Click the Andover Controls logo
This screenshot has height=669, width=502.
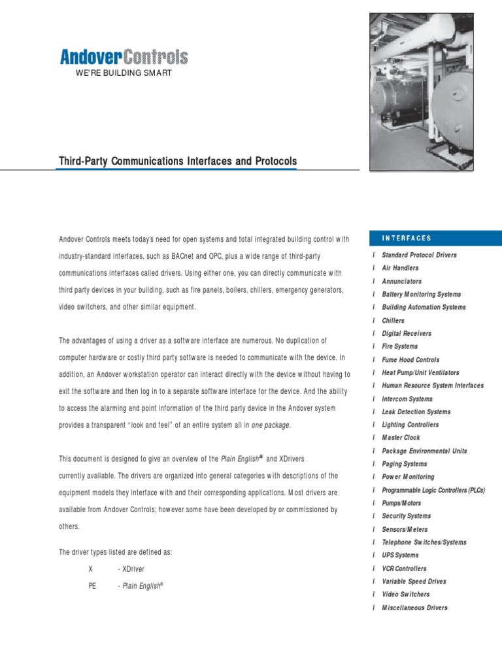(124, 57)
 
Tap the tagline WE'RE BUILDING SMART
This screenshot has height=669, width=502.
(124, 73)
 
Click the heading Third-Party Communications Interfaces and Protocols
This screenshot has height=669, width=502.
(178, 161)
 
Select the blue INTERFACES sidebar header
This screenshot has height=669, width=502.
(407, 238)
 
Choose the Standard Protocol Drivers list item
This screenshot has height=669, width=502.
(419, 255)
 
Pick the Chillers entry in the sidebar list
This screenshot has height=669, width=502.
(393, 320)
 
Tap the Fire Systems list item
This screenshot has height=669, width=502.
(399, 346)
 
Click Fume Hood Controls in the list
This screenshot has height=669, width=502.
(410, 359)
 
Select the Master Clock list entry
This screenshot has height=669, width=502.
(401, 438)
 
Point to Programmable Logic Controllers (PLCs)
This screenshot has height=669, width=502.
(433, 490)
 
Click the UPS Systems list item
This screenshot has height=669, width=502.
(400, 555)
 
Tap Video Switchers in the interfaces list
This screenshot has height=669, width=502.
(405, 595)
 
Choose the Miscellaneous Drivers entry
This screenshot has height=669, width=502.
(414, 608)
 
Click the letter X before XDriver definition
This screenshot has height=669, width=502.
(91, 569)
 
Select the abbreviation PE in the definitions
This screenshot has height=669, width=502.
(92, 586)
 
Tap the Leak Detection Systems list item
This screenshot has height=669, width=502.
(416, 412)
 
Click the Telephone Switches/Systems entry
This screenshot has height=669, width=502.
(424, 542)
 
